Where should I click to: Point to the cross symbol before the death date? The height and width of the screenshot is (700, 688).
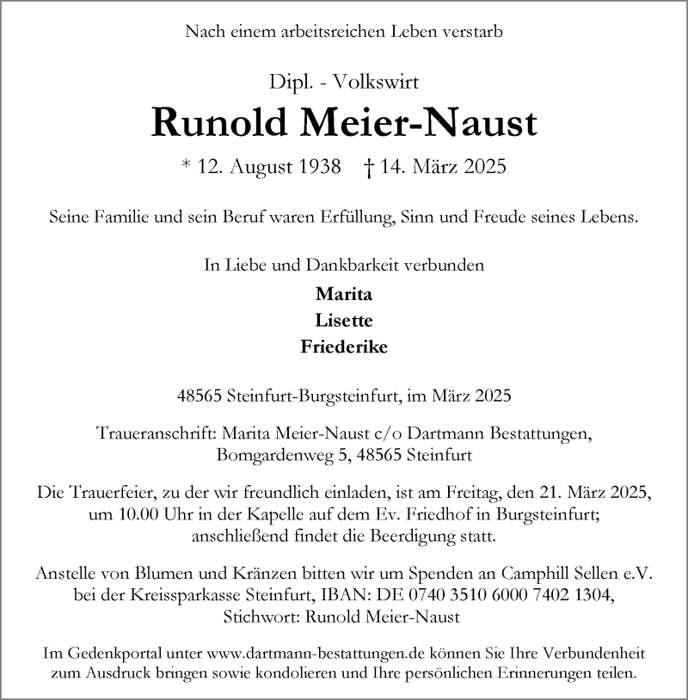368,167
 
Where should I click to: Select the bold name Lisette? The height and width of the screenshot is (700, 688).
343,320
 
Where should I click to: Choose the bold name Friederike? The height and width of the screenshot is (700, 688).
344,347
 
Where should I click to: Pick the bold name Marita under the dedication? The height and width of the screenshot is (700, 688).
344,293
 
